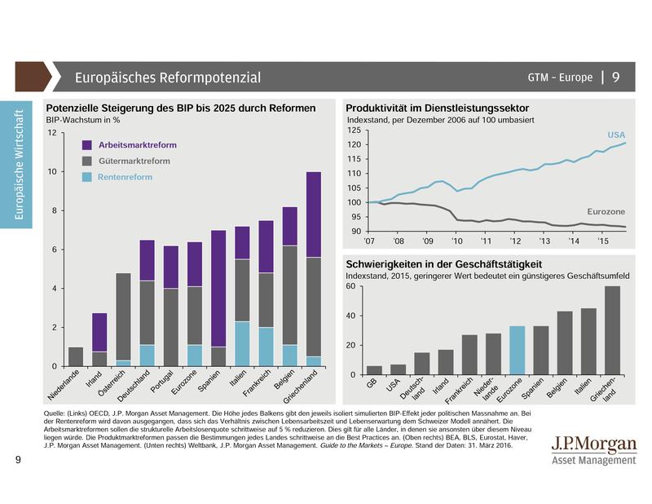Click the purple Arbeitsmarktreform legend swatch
(87, 144)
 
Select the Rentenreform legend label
(126, 177)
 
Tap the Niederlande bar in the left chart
(76, 356)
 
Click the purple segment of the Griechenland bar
(314, 214)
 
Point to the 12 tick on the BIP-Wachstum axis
(52, 133)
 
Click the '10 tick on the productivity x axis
(456, 242)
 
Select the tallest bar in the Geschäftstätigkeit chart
(612, 330)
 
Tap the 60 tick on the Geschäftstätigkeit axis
(352, 286)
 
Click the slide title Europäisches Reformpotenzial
(167, 77)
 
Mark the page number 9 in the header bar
(616, 77)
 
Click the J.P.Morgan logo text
(595, 445)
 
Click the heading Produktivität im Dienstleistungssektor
(438, 108)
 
